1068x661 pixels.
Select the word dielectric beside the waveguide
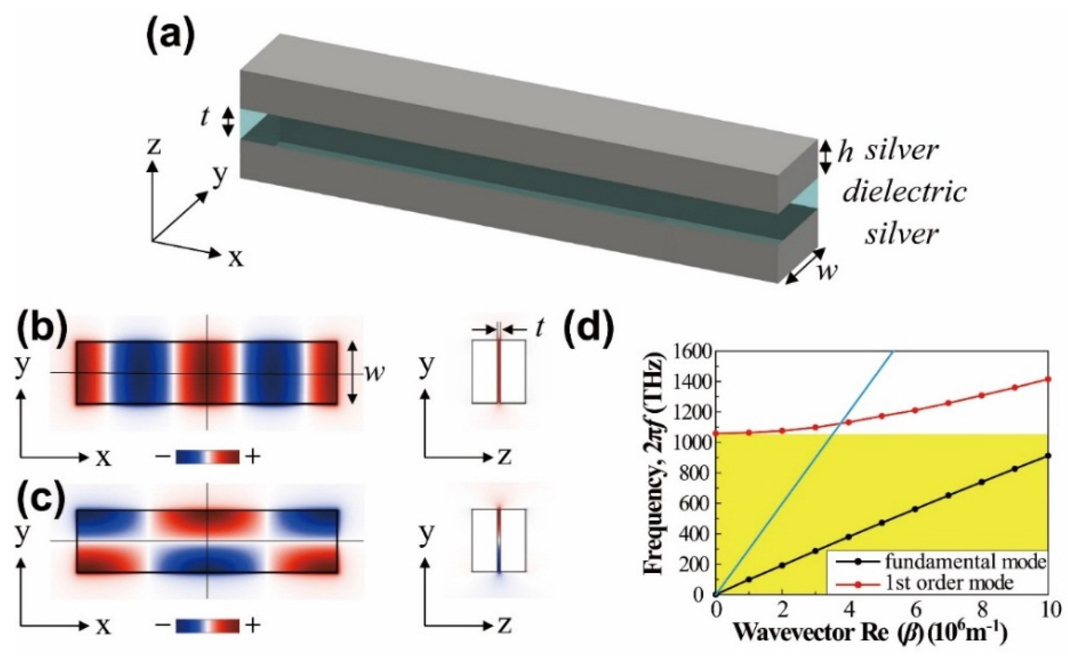pyautogui.click(x=904, y=193)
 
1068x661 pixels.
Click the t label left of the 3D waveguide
pyautogui.click(x=204, y=118)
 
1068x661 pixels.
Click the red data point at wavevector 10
pyautogui.click(x=1048, y=379)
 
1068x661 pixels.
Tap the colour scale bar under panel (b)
pyautogui.click(x=207, y=457)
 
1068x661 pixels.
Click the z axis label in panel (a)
pyautogui.click(x=153, y=148)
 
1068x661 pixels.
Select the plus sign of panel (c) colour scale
pyautogui.click(x=253, y=626)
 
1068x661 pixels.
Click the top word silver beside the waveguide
pyautogui.click(x=902, y=151)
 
